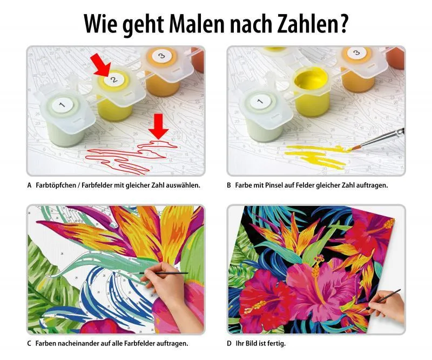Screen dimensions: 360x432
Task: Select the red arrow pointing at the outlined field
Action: pyautogui.click(x=158, y=126)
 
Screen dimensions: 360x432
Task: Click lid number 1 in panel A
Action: pyautogui.click(x=62, y=104)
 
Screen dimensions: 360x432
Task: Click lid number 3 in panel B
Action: pyautogui.click(x=355, y=53)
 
